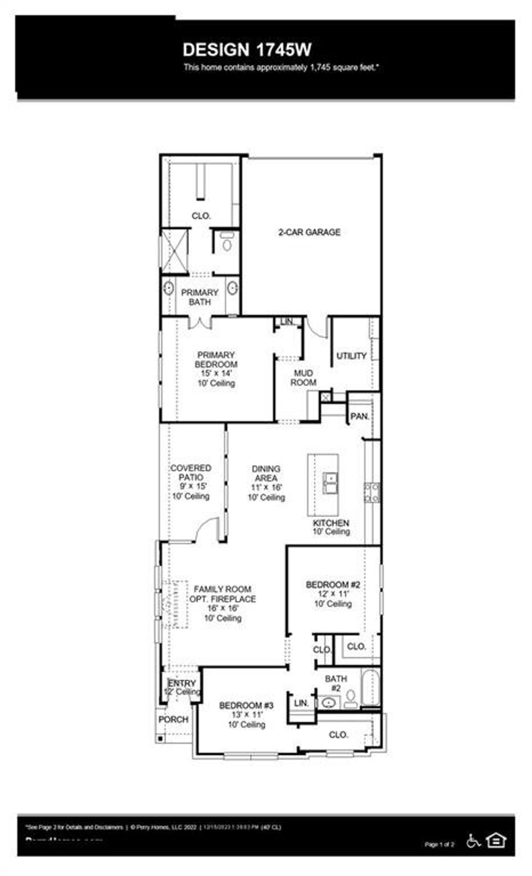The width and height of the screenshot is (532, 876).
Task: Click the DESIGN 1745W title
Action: (x=247, y=50)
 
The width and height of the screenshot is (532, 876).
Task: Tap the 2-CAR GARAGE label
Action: (x=309, y=232)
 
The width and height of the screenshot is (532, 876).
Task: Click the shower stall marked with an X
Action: (x=175, y=252)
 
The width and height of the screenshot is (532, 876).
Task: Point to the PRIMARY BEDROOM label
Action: (x=216, y=360)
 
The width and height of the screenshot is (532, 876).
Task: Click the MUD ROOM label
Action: (x=303, y=378)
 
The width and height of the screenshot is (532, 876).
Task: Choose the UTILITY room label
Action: (x=351, y=356)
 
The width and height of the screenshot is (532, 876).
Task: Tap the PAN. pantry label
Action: (x=360, y=416)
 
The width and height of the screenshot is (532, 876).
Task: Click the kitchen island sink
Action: (x=330, y=483)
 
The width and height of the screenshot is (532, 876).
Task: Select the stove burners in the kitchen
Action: (x=372, y=492)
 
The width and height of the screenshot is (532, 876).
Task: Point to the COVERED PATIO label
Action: (x=191, y=472)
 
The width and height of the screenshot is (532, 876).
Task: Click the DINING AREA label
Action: (x=266, y=473)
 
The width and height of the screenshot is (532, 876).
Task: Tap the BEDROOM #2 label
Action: (x=333, y=585)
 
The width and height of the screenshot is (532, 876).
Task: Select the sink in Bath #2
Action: (x=329, y=703)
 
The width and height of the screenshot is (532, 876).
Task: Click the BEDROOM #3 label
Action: (x=246, y=705)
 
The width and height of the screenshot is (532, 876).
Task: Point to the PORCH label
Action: (x=173, y=719)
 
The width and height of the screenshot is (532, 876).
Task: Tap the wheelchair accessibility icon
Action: (x=473, y=841)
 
